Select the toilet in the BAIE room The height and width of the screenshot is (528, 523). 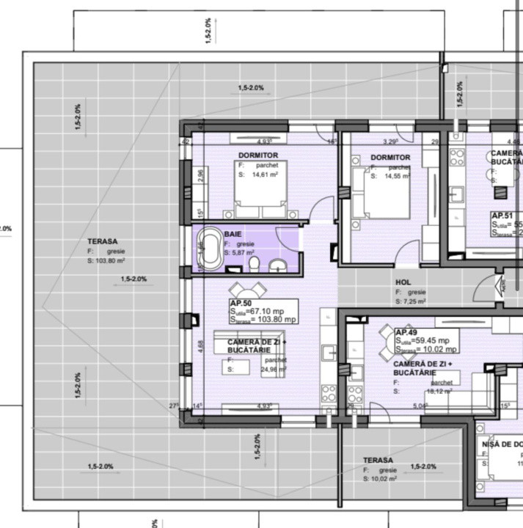pyautogui.click(x=253, y=263)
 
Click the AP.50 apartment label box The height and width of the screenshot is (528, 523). pyautogui.click(x=263, y=311)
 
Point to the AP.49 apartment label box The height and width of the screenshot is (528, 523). pyautogui.click(x=426, y=340)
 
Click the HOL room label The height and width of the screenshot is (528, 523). pyautogui.click(x=403, y=282)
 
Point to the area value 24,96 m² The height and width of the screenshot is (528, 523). pyautogui.click(x=272, y=370)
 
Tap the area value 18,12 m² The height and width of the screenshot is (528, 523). pyautogui.click(x=439, y=392)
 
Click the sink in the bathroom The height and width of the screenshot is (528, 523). pyautogui.click(x=278, y=265)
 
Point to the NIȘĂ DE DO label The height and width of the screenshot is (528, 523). pyautogui.click(x=502, y=444)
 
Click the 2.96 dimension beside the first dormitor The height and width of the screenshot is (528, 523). pyautogui.click(x=201, y=177)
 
